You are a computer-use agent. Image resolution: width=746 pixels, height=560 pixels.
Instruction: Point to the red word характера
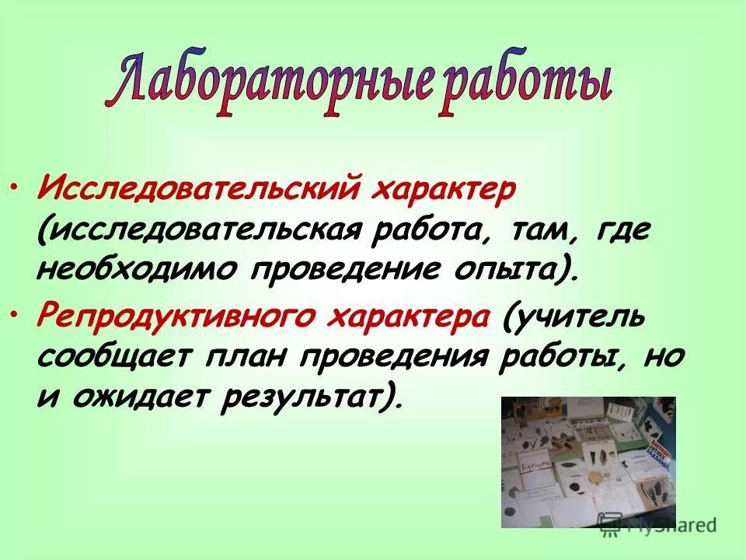click(411, 317)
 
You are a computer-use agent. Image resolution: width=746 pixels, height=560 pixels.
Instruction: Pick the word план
click(240, 358)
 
